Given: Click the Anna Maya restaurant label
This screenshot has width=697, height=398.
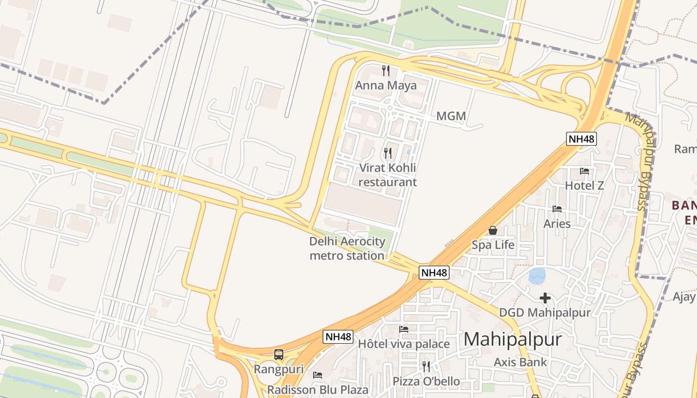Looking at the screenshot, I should (385, 85).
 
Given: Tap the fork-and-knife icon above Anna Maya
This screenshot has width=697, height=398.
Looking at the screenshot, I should (385, 70).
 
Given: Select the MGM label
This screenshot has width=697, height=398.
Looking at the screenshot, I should (451, 116).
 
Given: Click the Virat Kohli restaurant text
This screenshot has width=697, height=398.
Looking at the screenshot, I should (387, 175).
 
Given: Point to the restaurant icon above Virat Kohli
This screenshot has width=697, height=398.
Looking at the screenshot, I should (388, 153).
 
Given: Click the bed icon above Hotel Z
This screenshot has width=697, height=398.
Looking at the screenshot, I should (584, 171).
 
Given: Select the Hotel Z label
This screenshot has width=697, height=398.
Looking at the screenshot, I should (584, 186).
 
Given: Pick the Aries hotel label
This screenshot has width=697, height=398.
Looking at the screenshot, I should (557, 224).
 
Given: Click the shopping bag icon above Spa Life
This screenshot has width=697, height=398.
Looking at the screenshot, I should (493, 230).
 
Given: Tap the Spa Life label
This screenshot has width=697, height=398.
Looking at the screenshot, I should (493, 245).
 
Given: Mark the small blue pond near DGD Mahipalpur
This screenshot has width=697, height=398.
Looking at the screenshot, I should (537, 276).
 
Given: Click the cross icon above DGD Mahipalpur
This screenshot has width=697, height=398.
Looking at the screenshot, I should (545, 298).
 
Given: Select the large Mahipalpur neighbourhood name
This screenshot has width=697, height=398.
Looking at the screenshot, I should (513, 340).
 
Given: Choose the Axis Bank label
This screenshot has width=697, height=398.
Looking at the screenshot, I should (520, 362).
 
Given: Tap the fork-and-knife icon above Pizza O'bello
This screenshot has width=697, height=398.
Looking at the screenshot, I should (426, 367).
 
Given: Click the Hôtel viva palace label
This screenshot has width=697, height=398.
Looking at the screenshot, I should (404, 344).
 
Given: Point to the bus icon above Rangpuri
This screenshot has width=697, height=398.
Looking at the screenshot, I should (279, 355).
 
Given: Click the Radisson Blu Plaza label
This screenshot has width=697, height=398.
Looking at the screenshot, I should (318, 390).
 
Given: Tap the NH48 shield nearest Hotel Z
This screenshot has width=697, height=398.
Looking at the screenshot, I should (581, 139).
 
